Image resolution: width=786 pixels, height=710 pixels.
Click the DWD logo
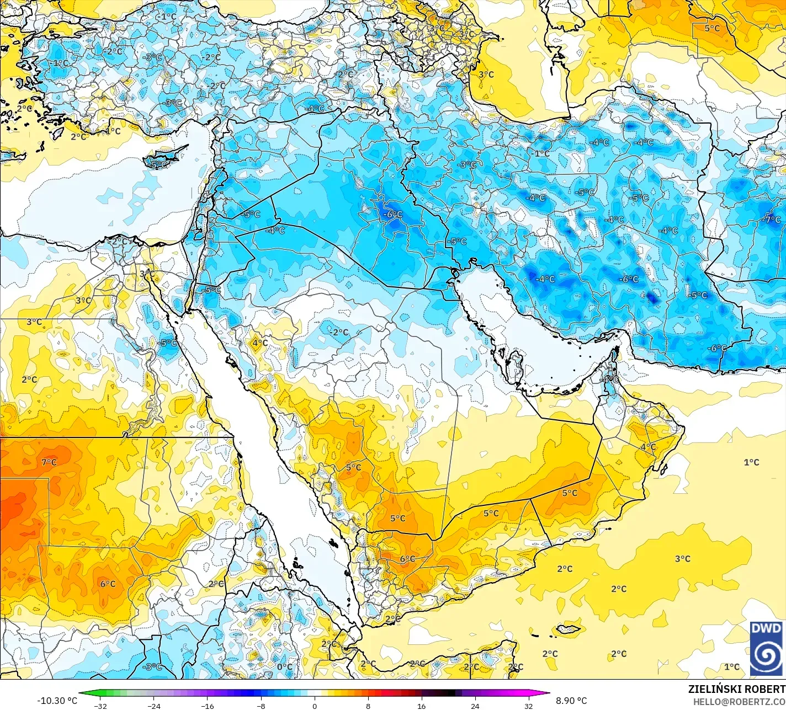coord(766,648)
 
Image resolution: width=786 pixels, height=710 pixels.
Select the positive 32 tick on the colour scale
coord(528,706)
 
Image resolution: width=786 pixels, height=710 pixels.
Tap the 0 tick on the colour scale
coord(314,706)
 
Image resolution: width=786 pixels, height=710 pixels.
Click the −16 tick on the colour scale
coord(207,706)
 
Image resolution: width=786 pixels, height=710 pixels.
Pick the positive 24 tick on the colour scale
coord(475,706)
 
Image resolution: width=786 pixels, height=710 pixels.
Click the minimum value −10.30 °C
coord(57,701)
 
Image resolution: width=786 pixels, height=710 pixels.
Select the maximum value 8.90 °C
coord(571,701)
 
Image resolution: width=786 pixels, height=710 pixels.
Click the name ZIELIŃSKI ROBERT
coord(736,689)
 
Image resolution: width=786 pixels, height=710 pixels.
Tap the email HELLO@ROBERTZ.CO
coord(739,701)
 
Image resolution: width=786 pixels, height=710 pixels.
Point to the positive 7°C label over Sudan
coord(49,462)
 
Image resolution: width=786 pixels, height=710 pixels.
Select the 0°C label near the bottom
coord(285,667)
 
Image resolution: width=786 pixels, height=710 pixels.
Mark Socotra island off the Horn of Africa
coord(569,629)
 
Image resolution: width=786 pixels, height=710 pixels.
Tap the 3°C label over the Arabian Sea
coord(683,559)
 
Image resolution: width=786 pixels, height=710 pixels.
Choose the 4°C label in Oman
coord(648,446)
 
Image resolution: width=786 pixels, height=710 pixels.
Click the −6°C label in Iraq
coord(394,214)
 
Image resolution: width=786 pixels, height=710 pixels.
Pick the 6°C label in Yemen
coord(407,559)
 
